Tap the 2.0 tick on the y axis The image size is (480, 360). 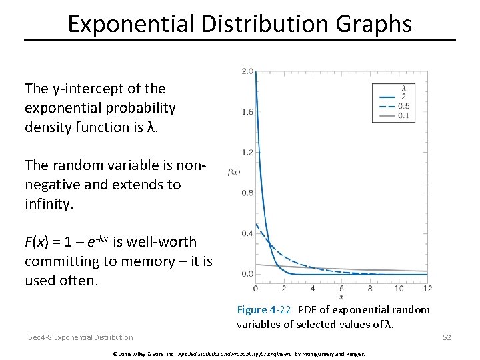tap(247, 71)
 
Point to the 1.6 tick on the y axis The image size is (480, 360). tap(247, 112)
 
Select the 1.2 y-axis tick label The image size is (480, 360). tap(247, 153)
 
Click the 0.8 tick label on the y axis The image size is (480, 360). tap(247, 193)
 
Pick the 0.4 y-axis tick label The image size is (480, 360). tap(247, 233)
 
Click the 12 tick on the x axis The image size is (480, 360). tap(427, 288)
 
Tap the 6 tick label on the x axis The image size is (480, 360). tap(341, 288)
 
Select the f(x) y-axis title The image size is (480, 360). tap(233, 172)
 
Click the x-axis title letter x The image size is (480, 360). tap(341, 296)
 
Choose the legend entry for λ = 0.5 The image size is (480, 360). tap(393, 106)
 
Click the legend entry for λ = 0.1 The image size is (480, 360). tap(393, 116)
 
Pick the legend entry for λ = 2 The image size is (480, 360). tap(393, 97)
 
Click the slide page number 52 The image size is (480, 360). tap(447, 337)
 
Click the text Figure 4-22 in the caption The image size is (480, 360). tap(265, 310)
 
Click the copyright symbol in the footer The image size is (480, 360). tap(115, 353)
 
